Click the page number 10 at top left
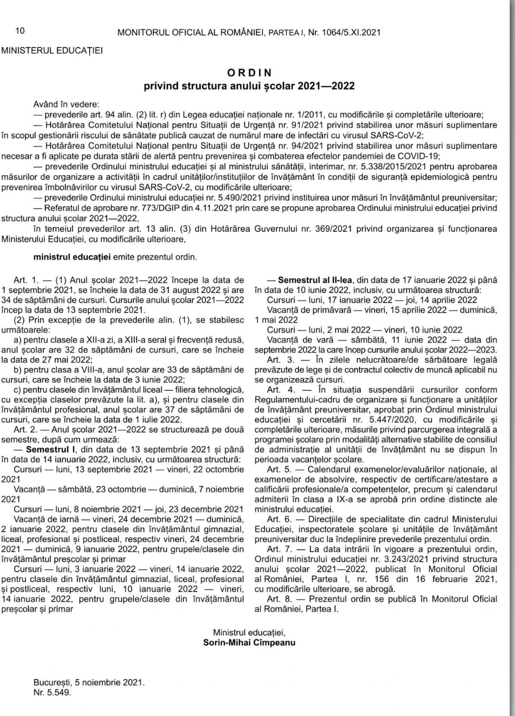tap(20, 31)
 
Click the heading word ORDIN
tap(249, 73)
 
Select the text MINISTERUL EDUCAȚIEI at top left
tap(52, 51)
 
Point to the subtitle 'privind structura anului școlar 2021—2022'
tap(249, 86)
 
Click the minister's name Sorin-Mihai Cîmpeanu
tap(249, 642)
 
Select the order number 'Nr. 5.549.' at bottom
tap(52, 692)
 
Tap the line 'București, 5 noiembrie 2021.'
tap(89, 682)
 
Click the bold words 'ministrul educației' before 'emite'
tap(72, 257)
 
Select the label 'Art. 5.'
tap(279, 469)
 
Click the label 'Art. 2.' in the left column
tap(27, 430)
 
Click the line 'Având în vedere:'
tap(66, 104)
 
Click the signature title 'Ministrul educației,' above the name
tap(249, 632)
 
